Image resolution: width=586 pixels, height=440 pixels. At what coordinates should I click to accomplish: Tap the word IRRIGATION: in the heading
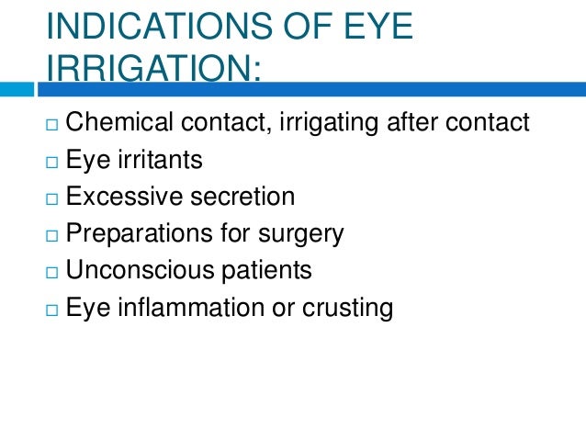(152, 72)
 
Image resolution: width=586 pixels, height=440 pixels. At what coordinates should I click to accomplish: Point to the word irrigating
(326, 121)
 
